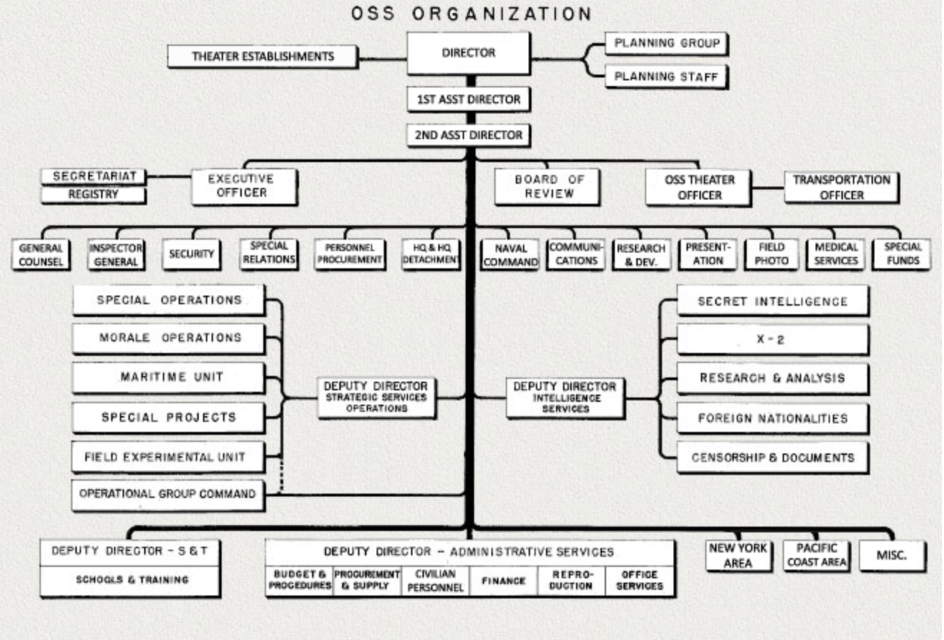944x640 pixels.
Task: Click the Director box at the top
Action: tap(468, 53)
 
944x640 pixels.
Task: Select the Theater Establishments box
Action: tap(263, 57)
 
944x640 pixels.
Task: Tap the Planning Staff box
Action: tap(666, 77)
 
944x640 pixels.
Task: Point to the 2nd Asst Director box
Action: tap(468, 135)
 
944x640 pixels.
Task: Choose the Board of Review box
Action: tap(547, 187)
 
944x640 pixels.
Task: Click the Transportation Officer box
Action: tap(841, 187)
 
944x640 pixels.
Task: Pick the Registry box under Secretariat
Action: tap(93, 194)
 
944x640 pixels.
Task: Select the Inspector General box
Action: tap(115, 255)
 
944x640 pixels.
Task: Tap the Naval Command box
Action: tap(511, 255)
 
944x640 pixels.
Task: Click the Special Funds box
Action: tap(902, 255)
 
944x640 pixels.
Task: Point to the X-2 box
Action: tap(773, 340)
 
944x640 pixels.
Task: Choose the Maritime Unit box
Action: tap(169, 377)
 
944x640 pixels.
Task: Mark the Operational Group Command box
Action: tap(168, 494)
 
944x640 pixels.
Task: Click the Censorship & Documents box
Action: tap(773, 458)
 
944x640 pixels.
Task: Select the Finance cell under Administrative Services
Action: tap(504, 581)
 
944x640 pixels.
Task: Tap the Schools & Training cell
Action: tap(130, 580)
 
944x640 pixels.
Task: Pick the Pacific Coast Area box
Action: tap(816, 556)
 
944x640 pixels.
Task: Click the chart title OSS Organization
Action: tap(471, 14)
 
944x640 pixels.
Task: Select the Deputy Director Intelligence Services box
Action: tap(565, 397)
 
